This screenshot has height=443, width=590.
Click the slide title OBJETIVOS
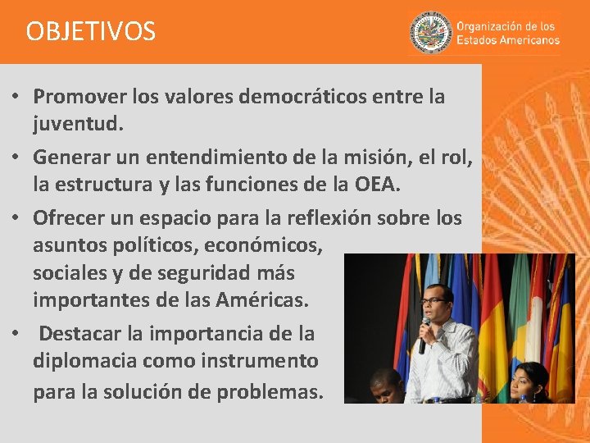click(90, 31)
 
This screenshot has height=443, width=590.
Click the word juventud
click(77, 125)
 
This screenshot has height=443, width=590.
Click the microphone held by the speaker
click(424, 333)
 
